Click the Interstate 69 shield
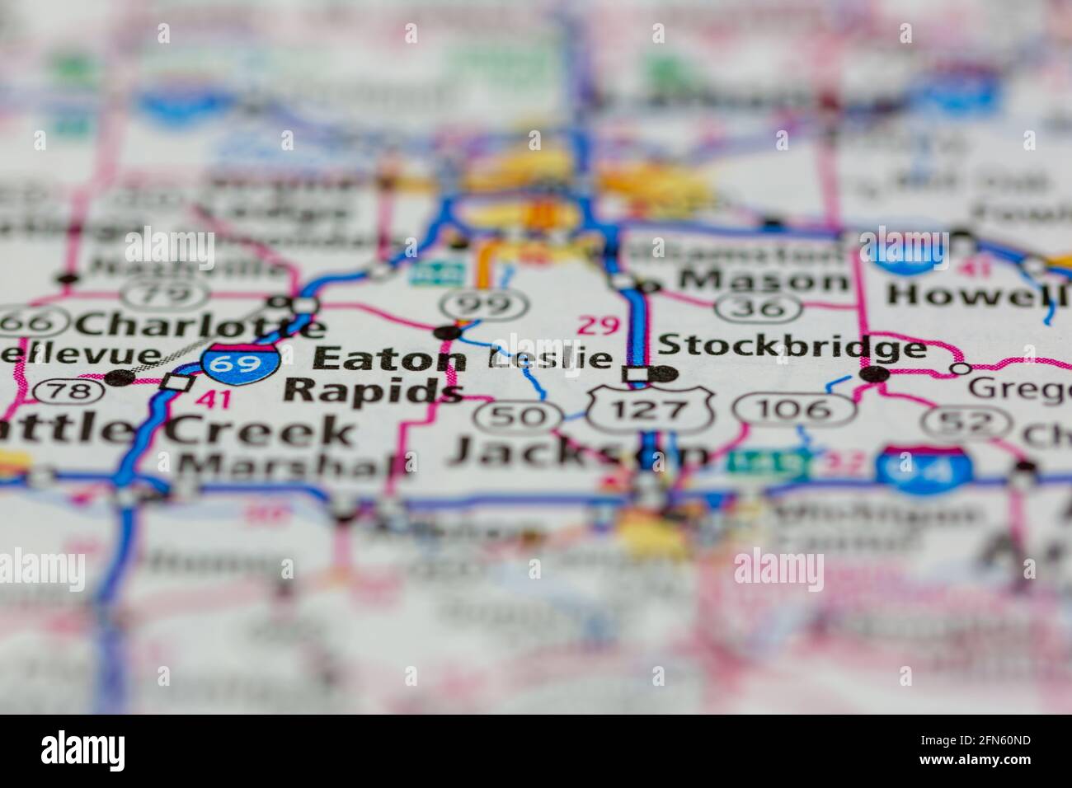tap(240, 364)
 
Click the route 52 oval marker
tap(957, 423)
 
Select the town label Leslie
tap(551, 359)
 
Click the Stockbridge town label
tap(792, 347)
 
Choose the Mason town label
tap(764, 279)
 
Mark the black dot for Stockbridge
tap(874, 375)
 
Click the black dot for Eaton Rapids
tap(448, 332)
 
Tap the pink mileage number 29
tap(598, 326)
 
